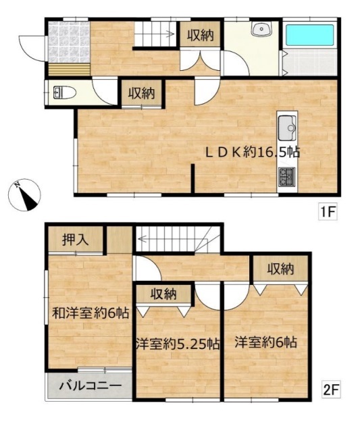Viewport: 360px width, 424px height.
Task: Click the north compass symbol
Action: (24, 194)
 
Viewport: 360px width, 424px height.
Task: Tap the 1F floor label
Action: (328, 212)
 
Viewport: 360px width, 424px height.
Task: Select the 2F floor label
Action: (331, 390)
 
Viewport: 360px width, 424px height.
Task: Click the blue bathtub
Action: (310, 35)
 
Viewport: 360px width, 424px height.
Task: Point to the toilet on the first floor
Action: (64, 92)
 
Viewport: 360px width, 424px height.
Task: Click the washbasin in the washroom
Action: (261, 28)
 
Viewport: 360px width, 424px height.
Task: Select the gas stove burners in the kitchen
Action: (287, 177)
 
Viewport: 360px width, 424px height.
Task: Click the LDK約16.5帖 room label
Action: (253, 153)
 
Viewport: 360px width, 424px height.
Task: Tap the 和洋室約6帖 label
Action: (91, 313)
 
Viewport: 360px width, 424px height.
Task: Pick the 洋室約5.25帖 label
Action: (178, 344)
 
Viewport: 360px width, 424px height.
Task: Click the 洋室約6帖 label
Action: (265, 342)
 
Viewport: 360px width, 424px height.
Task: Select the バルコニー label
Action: (91, 386)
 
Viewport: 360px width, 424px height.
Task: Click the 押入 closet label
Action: (75, 240)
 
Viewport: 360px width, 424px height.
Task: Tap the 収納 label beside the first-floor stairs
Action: (201, 35)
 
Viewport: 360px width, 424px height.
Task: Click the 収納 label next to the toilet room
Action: (141, 93)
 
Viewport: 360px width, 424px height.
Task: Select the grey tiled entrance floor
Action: (69, 42)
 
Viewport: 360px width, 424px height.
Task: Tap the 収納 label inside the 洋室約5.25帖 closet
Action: (163, 294)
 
